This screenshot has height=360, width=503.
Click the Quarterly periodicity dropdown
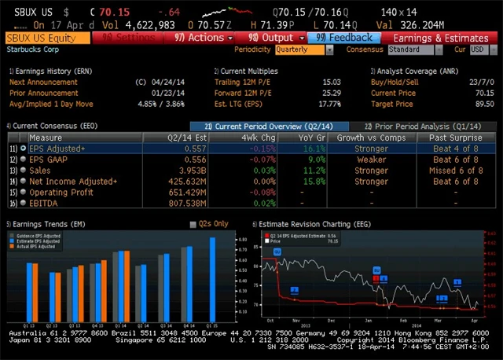click(303, 50)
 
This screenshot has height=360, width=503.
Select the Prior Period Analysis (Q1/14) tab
click(422, 126)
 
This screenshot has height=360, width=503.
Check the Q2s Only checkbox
click(194, 224)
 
